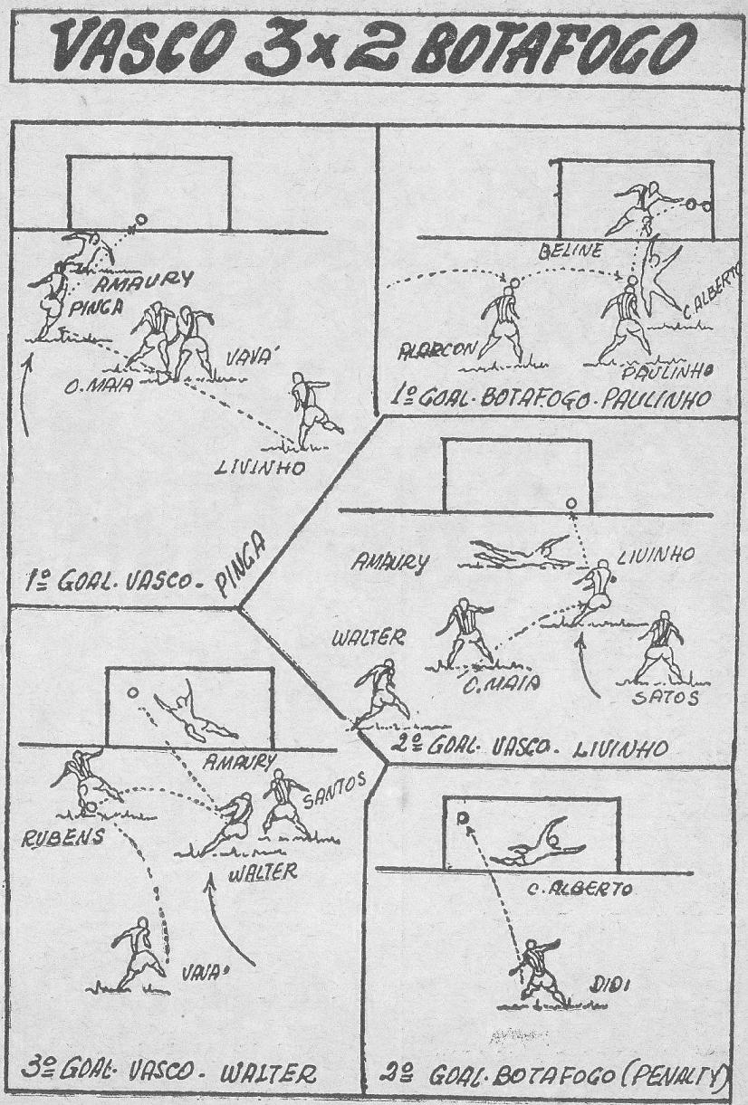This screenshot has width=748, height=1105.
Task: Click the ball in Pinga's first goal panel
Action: point(139,219)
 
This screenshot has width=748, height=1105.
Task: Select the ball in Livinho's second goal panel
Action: point(571,503)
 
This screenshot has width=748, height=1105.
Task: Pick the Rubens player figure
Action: point(84,778)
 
